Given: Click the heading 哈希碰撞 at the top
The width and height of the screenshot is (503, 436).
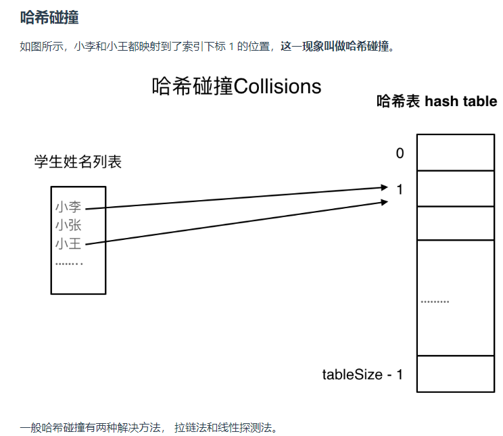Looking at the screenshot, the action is pyautogui.click(x=49, y=18).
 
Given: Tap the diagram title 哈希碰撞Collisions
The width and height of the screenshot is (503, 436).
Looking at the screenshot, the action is pyautogui.click(x=237, y=87).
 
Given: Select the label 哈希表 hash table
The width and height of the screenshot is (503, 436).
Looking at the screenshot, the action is pyautogui.click(x=437, y=102).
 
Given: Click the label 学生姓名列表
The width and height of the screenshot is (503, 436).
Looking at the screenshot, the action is pyautogui.click(x=78, y=162).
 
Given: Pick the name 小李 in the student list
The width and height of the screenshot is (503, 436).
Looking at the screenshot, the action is pyautogui.click(x=68, y=207).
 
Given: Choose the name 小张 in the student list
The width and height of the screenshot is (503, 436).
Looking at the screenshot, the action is pyautogui.click(x=68, y=225).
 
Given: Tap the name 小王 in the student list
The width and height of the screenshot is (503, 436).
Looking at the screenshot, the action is pyautogui.click(x=68, y=243).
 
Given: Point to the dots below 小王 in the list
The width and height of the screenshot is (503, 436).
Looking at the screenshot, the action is pyautogui.click(x=68, y=263).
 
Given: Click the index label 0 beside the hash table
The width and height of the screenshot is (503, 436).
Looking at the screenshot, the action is pyautogui.click(x=400, y=153).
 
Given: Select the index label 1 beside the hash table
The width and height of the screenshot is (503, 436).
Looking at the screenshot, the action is pyautogui.click(x=400, y=190).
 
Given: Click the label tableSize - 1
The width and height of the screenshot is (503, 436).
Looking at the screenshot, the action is pyautogui.click(x=362, y=374).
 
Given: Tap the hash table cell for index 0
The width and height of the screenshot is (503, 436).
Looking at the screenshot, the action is pyautogui.click(x=455, y=152).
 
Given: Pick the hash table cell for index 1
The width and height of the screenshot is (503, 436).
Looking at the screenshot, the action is pyautogui.click(x=455, y=189).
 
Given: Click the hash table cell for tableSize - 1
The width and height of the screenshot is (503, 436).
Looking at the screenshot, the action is pyautogui.click(x=455, y=373).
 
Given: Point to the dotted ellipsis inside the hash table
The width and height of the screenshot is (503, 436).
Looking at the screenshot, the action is pyautogui.click(x=435, y=301).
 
